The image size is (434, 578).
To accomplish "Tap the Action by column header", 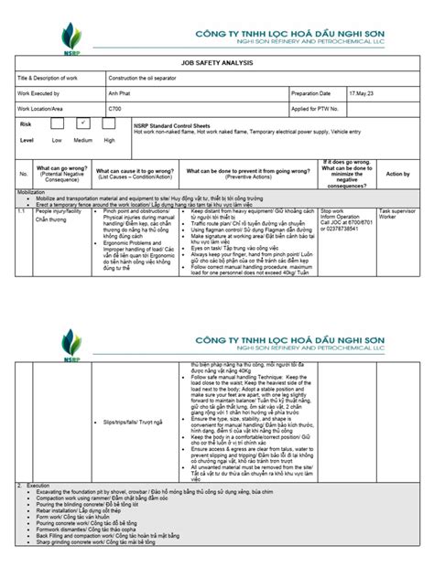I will pos(397,173).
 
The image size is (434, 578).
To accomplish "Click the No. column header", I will pos(24,173).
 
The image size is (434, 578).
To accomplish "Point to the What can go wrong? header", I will pos(62,169).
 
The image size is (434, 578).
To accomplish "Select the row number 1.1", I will pos(21,210).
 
